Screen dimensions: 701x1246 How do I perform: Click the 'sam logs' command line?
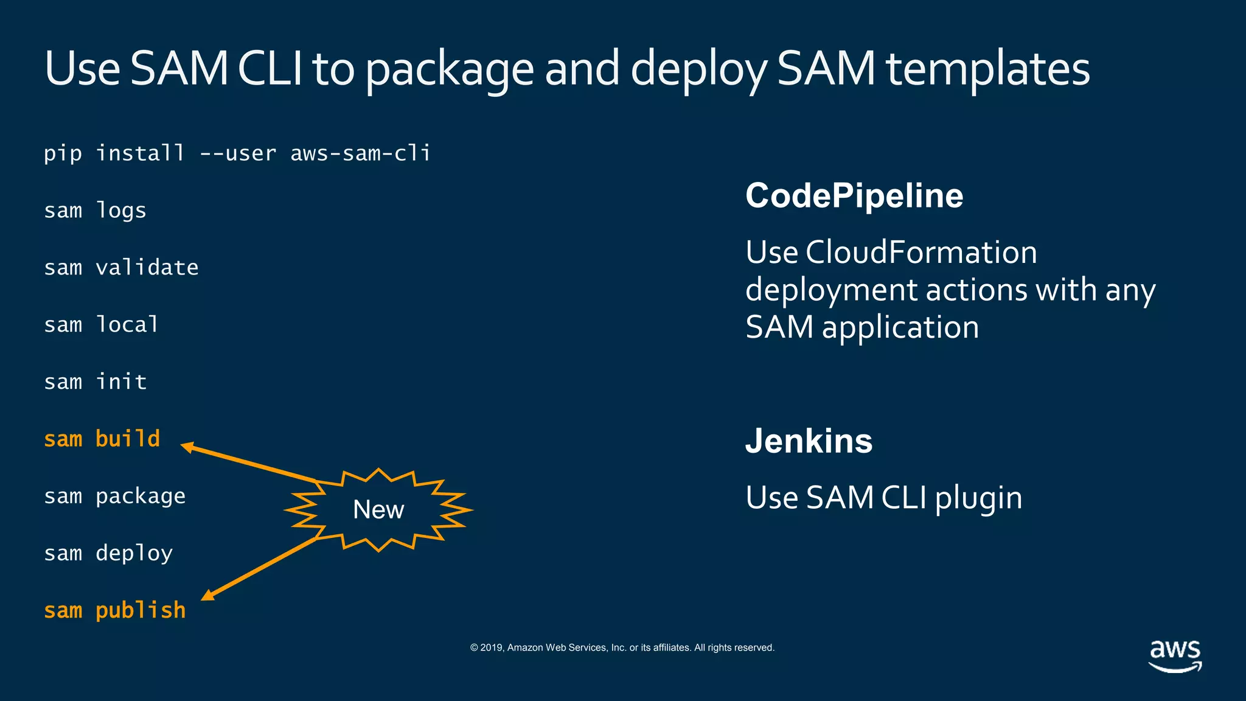pyautogui.click(x=96, y=211)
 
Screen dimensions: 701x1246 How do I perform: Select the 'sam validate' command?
pyautogui.click(x=121, y=268)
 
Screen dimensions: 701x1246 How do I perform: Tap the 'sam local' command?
pyautogui.click(x=102, y=324)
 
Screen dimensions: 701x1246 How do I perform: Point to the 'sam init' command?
pyautogui.click(x=96, y=382)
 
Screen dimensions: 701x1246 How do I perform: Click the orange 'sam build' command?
pyautogui.click(x=102, y=439)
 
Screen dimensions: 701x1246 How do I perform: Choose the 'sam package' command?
pyautogui.click(x=115, y=496)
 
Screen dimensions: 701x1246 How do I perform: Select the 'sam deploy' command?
pyautogui.click(x=108, y=553)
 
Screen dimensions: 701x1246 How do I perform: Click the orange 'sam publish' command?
pyautogui.click(x=115, y=610)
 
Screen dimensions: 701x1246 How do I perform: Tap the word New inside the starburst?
pyautogui.click(x=378, y=510)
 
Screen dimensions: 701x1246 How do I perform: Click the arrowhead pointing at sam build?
pyautogui.click(x=187, y=447)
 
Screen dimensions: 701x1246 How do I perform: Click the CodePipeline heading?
pyautogui.click(x=854, y=196)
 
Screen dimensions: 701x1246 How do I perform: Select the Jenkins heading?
pyautogui.click(x=809, y=441)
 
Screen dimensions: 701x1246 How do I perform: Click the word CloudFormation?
pyautogui.click(x=921, y=252)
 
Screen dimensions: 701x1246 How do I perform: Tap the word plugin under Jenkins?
pyautogui.click(x=978, y=498)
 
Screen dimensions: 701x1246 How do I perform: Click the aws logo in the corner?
pyautogui.click(x=1175, y=656)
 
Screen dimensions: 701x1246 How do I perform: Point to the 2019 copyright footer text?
pyautogui.click(x=622, y=647)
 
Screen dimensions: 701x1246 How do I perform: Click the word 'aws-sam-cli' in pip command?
pyautogui.click(x=360, y=153)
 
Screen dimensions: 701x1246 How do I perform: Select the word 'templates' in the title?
pyautogui.click(x=987, y=68)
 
